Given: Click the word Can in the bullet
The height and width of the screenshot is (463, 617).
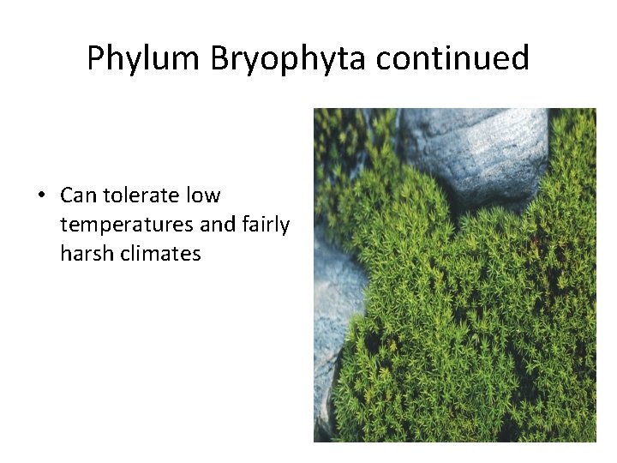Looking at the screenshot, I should tap(79, 195).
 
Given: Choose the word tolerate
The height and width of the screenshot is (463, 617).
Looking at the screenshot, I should tap(142, 195).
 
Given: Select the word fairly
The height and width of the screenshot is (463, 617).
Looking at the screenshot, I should tap(267, 225).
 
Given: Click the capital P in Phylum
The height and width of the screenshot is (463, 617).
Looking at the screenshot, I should tap(95, 58).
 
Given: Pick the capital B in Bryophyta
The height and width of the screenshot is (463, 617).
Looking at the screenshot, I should tap(219, 58).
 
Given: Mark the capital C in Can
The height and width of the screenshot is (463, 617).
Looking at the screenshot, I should tap(68, 195).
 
